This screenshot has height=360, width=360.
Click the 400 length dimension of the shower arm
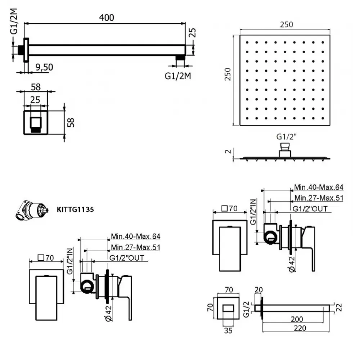[x=107, y=18]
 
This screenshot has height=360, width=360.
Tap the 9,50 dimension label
[x=44, y=67]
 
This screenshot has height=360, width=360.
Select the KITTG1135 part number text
[x=75, y=210]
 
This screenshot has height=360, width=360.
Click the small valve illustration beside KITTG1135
[x=32, y=210]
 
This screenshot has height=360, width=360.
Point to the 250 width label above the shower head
[x=287, y=24]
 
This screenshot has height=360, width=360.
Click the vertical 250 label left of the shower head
[x=228, y=74]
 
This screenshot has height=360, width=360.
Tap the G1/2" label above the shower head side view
[x=286, y=136]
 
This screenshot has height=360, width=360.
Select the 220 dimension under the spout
[x=300, y=328]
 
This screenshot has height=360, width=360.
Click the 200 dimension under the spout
[x=297, y=319]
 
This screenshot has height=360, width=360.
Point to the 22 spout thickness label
[x=339, y=307]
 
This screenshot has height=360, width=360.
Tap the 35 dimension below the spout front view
[x=228, y=330]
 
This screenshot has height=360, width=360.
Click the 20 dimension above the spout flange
[x=258, y=290]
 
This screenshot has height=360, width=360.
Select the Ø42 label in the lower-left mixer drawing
[x=109, y=313]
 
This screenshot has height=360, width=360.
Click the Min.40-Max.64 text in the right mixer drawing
[x=319, y=187]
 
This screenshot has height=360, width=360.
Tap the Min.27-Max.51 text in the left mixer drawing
[x=135, y=247]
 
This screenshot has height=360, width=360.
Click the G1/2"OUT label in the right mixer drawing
[x=310, y=209]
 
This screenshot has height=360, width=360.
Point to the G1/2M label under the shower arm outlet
[x=178, y=76]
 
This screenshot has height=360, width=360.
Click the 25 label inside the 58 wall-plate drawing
[x=35, y=100]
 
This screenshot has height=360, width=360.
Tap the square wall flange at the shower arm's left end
[x=26, y=50]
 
